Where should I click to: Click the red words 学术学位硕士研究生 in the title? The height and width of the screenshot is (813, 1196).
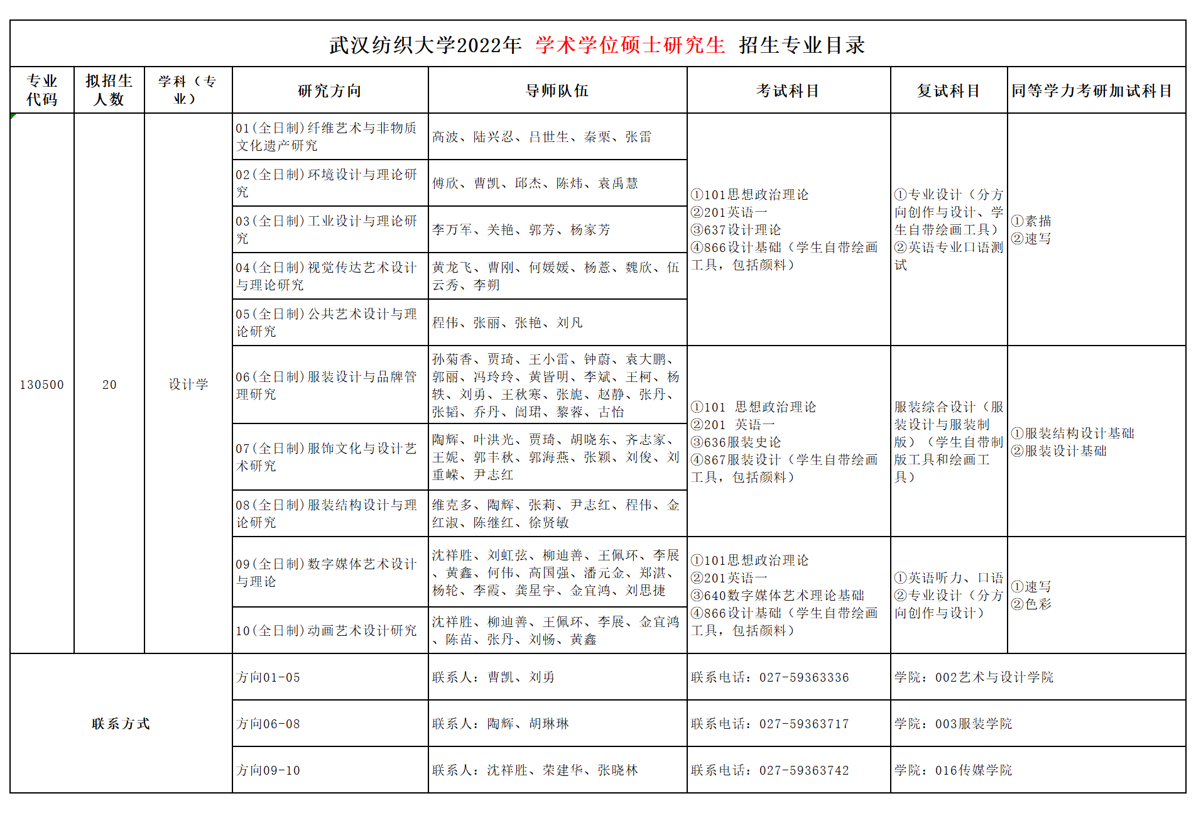click(630, 45)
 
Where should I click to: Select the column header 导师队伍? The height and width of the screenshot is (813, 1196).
click(557, 91)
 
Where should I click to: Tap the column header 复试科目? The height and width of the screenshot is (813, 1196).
click(949, 91)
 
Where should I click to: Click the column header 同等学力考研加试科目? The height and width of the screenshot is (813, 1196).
click(1092, 91)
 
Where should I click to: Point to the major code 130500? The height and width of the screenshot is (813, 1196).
click(42, 385)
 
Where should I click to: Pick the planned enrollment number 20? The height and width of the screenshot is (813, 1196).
click(109, 385)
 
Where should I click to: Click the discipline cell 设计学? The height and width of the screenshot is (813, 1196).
click(188, 385)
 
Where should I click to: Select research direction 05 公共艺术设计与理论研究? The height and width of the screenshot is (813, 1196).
click(327, 322)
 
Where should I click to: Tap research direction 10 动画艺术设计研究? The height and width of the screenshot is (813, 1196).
click(327, 630)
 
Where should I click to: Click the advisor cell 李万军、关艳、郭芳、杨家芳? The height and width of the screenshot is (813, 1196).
click(521, 230)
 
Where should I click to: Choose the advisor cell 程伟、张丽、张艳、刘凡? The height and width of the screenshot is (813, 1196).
click(508, 323)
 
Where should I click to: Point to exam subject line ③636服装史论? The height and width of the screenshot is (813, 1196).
click(736, 442)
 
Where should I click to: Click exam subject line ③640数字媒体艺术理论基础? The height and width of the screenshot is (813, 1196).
click(778, 595)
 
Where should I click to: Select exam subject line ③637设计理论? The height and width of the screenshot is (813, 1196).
click(736, 230)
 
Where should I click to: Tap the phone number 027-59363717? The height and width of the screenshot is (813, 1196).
click(804, 724)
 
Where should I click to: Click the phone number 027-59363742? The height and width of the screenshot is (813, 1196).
click(804, 770)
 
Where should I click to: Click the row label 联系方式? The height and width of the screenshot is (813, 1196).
click(121, 724)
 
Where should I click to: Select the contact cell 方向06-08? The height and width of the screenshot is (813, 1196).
click(269, 724)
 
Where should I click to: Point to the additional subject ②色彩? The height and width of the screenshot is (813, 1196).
click(1031, 604)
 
